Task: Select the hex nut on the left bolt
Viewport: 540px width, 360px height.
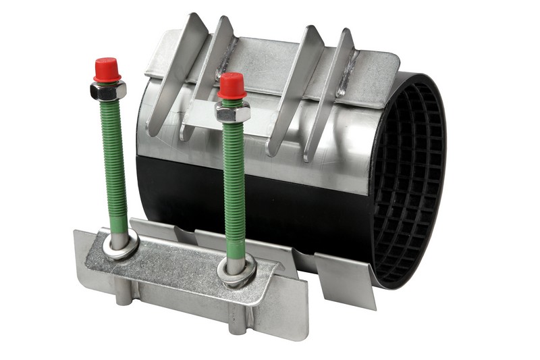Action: [x=108, y=91]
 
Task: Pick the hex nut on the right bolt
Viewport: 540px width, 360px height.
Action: [x=233, y=111]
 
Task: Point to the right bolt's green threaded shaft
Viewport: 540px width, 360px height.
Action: [x=234, y=182]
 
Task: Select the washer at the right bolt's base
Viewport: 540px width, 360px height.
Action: [x=236, y=268]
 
